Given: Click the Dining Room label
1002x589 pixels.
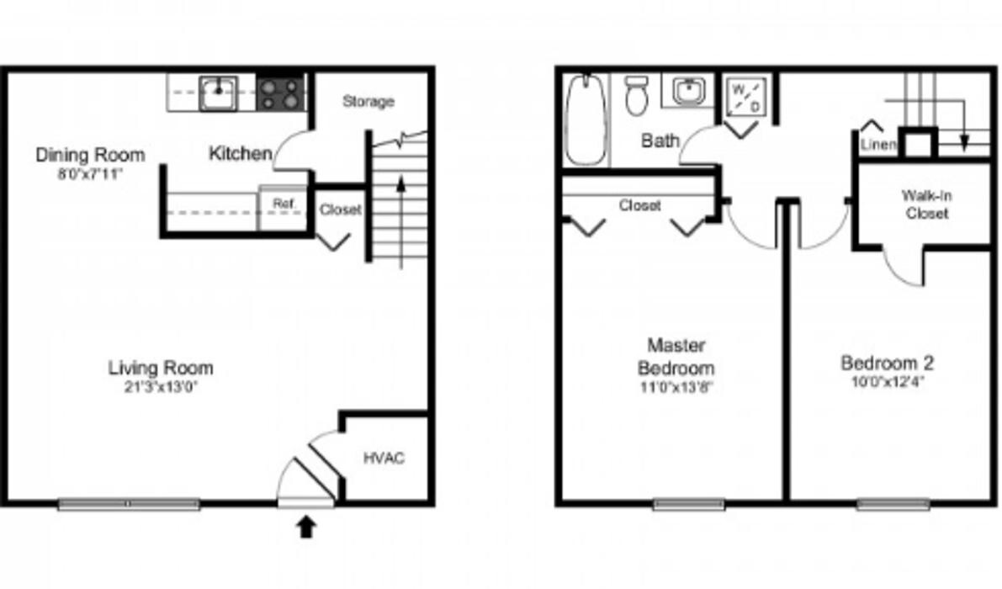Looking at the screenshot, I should pos(90,156).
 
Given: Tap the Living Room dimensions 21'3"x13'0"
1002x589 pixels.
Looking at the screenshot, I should pos(160,388).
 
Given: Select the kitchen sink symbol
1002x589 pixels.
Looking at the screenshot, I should pos(219,91).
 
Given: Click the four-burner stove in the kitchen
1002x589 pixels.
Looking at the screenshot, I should pos(280,93).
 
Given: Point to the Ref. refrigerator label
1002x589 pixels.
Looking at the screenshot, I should pos(283,204).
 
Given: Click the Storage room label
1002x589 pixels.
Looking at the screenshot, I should pos(368,102).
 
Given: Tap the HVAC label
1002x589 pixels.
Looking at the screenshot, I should pos(384,459).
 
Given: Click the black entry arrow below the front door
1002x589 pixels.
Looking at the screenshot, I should pos(307,528).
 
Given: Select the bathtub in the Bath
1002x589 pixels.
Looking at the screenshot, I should pos(585,119).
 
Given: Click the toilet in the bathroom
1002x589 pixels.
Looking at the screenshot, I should pos(636,96).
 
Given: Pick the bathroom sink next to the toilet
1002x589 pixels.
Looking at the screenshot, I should pos(688,91).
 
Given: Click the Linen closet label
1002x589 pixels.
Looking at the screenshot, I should pos(877,145).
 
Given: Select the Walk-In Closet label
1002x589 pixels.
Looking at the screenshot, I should pos(927,204).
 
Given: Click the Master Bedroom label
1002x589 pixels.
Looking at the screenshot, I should pos(676,357).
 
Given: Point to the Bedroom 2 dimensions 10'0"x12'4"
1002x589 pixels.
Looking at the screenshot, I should pos(888,381).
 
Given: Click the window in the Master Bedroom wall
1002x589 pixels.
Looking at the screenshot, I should pos(688,505).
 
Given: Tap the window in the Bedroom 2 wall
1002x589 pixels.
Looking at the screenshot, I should pos(893,505).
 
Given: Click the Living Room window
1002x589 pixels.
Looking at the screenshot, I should pos(129,505).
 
